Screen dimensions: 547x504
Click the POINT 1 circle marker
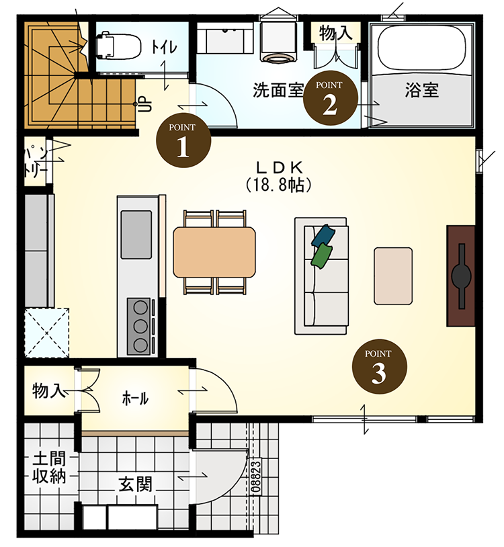tap(183, 140)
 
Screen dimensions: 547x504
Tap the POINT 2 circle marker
tap(329, 98)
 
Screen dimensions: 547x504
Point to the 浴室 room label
tap(422, 89)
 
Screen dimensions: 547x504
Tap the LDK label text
tap(278, 167)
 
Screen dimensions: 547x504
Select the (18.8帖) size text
tap(278, 184)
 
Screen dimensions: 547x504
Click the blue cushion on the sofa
tap(324, 235)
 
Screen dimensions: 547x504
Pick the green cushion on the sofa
tap(323, 255)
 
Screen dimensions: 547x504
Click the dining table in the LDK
tap(214, 251)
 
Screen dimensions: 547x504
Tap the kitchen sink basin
tap(136, 233)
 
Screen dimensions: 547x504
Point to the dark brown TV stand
tap(462, 275)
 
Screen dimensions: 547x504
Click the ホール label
tap(135, 398)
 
